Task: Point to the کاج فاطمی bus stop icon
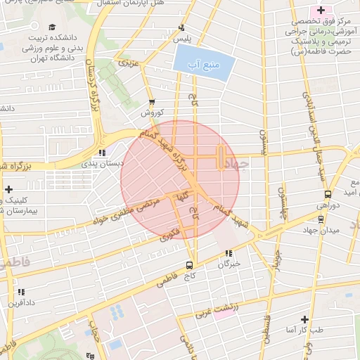(189, 265)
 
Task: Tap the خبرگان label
(229, 264)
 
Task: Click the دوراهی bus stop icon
(328, 194)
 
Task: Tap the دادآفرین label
(21, 302)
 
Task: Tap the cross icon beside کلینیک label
(8, 189)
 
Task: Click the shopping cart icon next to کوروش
(152, 101)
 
